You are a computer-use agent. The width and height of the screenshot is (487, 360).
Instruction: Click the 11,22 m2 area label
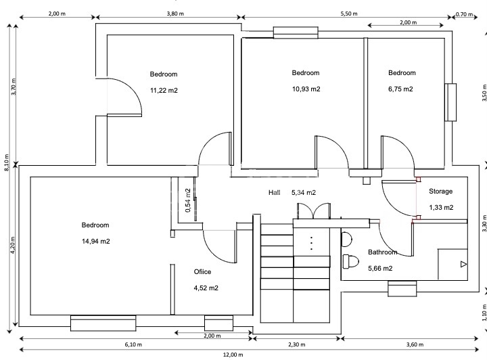(164, 89)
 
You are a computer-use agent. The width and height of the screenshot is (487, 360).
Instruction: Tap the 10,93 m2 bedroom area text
(306, 89)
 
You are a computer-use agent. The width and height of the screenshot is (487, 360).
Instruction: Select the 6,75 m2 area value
(401, 89)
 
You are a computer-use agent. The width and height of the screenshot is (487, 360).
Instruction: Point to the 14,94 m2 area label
(95, 241)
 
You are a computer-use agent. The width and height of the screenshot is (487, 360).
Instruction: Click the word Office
(203, 271)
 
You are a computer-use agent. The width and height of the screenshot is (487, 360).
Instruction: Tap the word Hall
(274, 193)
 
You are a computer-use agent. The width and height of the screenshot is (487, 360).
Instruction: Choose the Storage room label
(441, 192)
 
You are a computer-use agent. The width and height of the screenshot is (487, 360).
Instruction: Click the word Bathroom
(382, 252)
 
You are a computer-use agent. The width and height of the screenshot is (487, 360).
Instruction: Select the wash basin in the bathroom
(346, 238)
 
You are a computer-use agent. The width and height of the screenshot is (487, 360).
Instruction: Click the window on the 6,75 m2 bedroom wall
(450, 103)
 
